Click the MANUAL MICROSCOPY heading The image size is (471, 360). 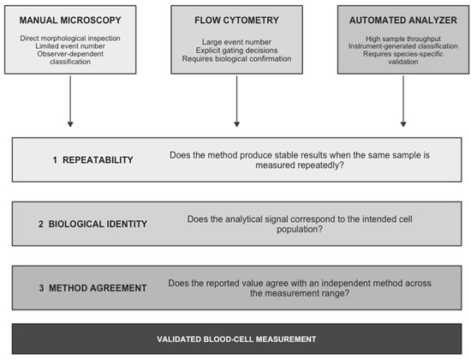[x=70, y=21]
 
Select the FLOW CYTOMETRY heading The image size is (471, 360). [x=236, y=21]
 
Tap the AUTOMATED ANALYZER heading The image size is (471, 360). [x=403, y=21]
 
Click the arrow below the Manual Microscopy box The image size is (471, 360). [x=70, y=101]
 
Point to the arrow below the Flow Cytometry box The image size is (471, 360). [x=236, y=101]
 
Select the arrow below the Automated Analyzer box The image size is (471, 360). [x=403, y=101]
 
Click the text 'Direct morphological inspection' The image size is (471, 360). [x=70, y=39]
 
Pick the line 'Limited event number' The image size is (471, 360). [x=70, y=46]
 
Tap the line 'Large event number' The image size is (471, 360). [x=236, y=42]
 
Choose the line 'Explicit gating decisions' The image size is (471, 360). [x=236, y=51]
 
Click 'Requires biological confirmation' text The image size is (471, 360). [x=236, y=58]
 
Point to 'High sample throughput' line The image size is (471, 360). [x=403, y=39]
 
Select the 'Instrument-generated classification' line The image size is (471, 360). [x=403, y=46]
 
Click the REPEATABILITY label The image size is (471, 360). [x=98, y=160]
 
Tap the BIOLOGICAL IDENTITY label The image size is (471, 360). [x=98, y=224]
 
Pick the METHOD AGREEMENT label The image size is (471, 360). [x=98, y=288]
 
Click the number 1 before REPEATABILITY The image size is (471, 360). [x=55, y=160]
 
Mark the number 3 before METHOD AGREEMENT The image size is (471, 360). [x=41, y=288]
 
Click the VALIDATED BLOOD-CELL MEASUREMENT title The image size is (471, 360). [x=236, y=339]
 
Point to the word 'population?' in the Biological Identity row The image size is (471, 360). [x=300, y=230]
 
